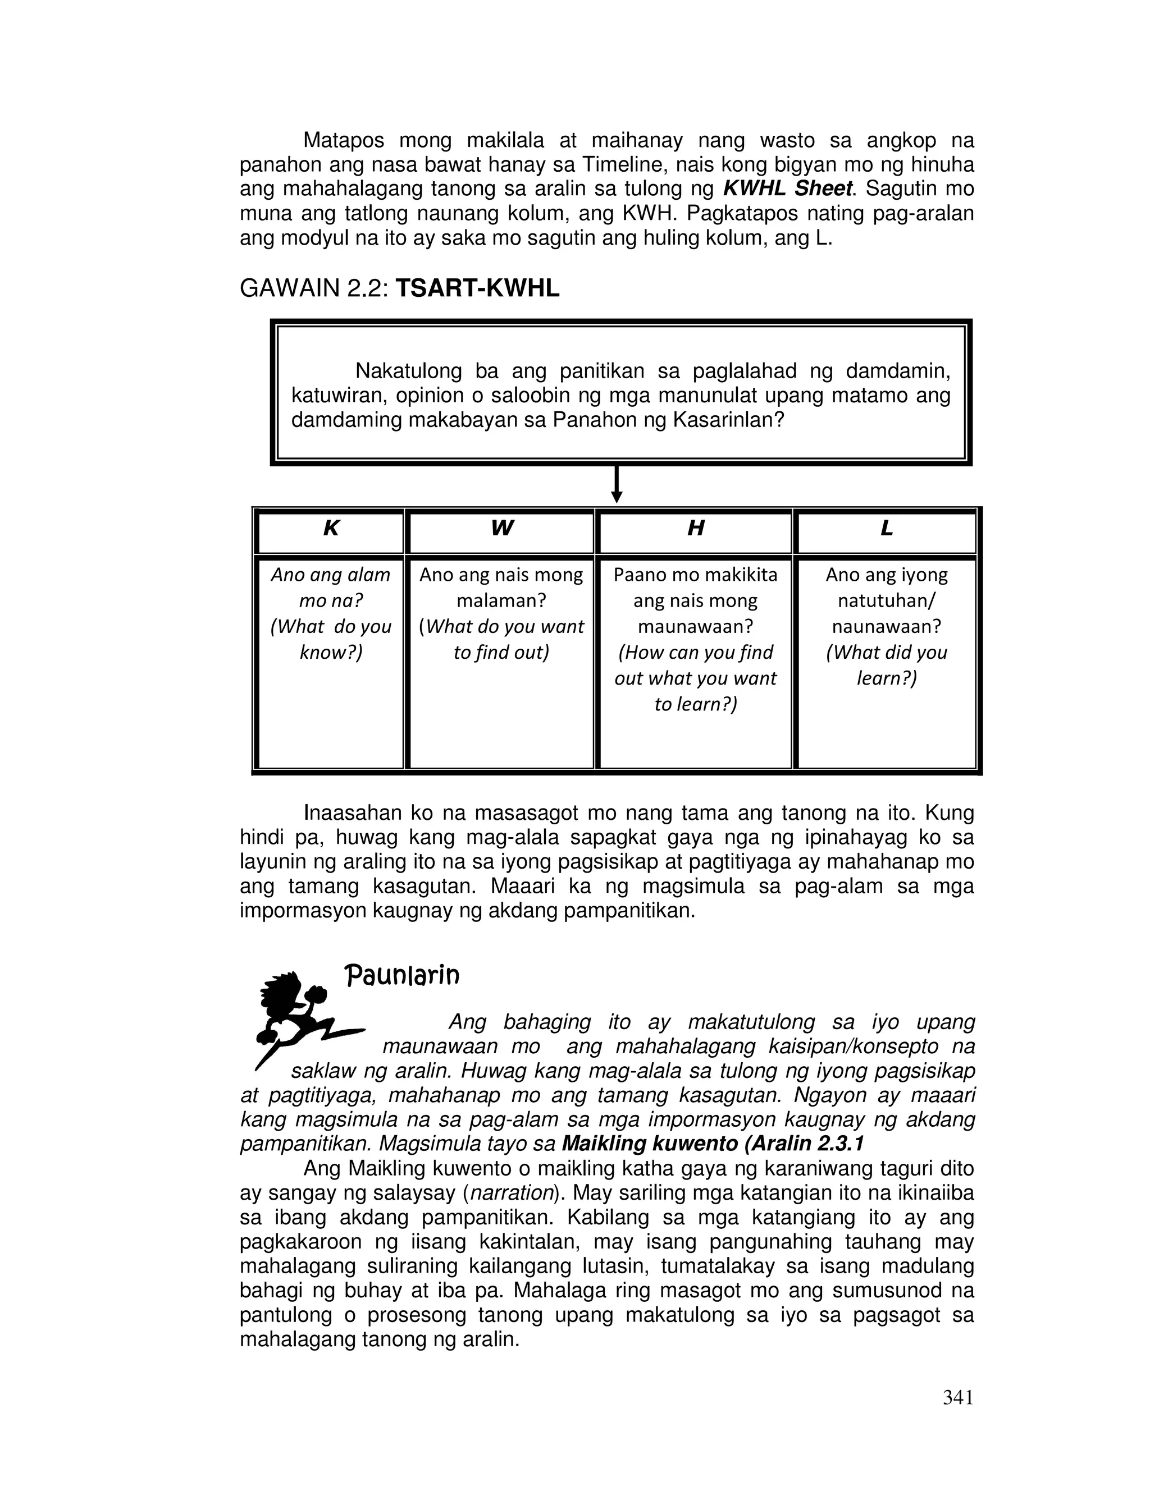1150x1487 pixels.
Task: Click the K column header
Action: click(330, 529)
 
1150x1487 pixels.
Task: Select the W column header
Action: click(501, 529)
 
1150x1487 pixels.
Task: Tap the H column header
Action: click(695, 529)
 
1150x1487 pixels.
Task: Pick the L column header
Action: click(886, 529)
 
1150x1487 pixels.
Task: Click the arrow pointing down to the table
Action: click(617, 485)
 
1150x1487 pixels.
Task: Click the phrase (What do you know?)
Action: click(330, 639)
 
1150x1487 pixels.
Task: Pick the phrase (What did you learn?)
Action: click(886, 665)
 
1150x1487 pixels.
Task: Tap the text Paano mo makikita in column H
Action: click(695, 575)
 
